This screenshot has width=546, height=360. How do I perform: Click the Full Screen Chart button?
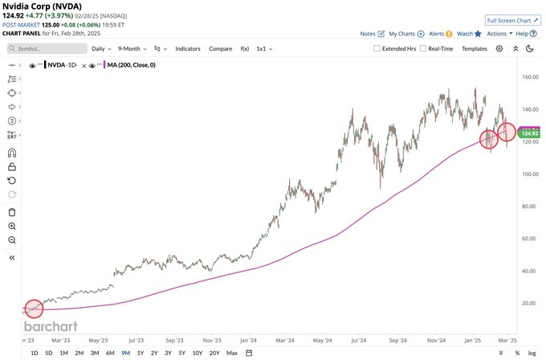click(x=512, y=19)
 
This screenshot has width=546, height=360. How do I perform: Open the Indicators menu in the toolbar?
click(x=188, y=48)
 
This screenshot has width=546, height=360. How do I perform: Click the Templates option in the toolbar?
click(x=475, y=48)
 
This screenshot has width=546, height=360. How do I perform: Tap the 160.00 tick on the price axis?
click(x=527, y=78)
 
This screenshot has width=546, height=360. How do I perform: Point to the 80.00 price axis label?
click(x=527, y=207)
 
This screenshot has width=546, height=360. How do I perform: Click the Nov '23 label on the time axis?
click(x=212, y=340)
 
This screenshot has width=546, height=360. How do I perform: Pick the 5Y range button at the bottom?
click(x=181, y=353)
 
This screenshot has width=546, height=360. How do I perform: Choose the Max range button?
click(x=232, y=353)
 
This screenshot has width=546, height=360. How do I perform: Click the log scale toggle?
click(x=531, y=353)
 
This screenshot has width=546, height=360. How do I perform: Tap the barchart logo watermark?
click(x=50, y=327)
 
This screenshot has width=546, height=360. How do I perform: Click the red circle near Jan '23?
click(x=34, y=309)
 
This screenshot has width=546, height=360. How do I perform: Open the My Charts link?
click(x=406, y=34)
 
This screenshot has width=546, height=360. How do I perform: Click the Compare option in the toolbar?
click(x=221, y=48)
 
